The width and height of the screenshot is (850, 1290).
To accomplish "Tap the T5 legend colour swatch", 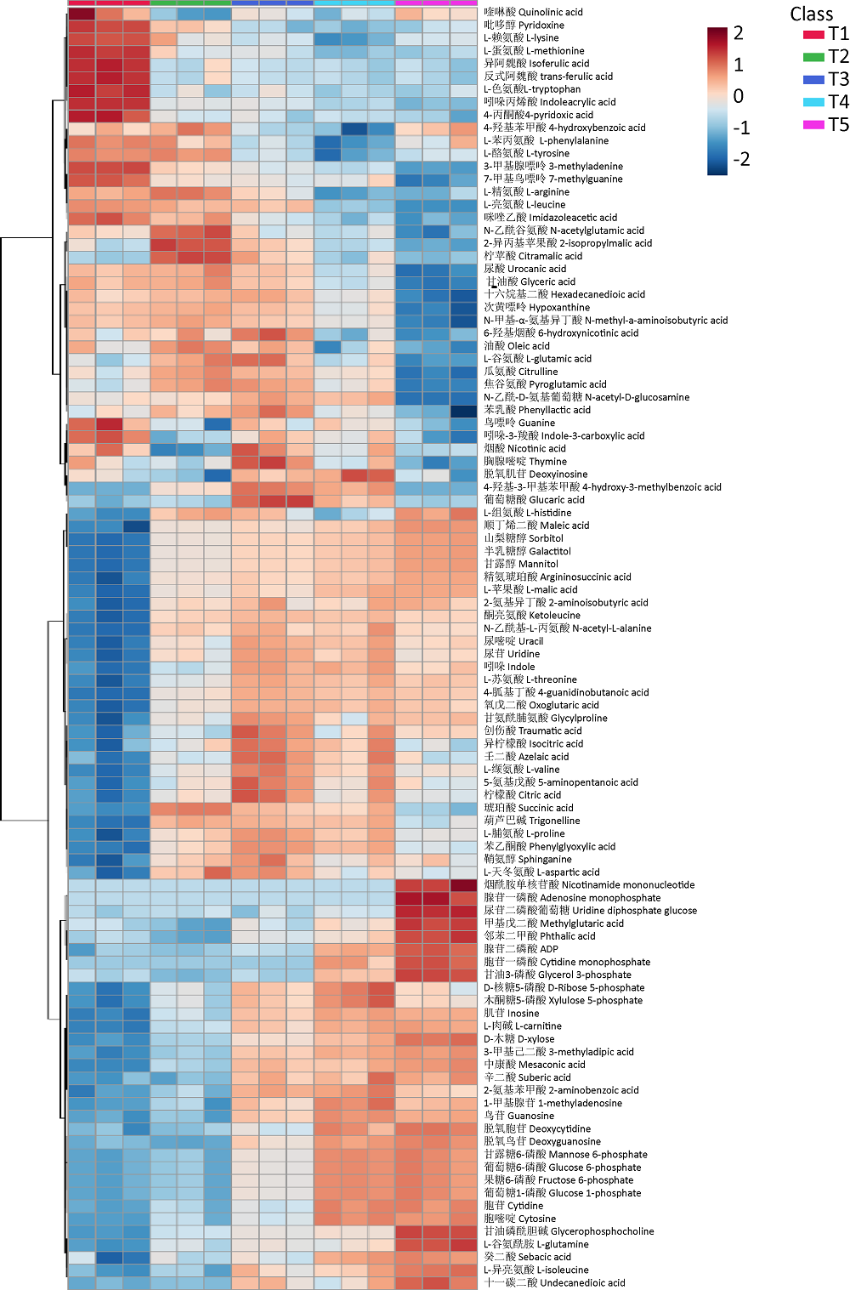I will pyautogui.click(x=814, y=125).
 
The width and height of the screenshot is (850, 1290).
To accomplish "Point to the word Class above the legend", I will pyautogui.click(x=811, y=14).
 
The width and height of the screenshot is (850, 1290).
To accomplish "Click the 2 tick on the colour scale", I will pyautogui.click(x=739, y=33).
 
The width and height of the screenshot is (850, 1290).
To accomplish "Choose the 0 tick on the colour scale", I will pyautogui.click(x=739, y=96).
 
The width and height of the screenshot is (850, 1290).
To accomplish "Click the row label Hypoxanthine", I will pyautogui.click(x=536, y=307).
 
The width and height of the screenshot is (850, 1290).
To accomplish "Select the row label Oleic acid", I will pyautogui.click(x=516, y=346).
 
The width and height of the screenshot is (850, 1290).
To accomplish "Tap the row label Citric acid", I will pyautogui.click(x=522, y=795).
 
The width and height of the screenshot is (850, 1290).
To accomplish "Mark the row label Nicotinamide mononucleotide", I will pyautogui.click(x=589, y=884).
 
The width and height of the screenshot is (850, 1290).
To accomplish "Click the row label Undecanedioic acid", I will pyautogui.click(x=554, y=1282).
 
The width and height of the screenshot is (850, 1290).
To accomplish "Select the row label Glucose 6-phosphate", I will pyautogui.click(x=563, y=1167).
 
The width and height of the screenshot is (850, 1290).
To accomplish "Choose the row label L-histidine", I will pyautogui.click(x=527, y=513).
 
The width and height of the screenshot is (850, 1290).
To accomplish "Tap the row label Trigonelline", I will pyautogui.click(x=532, y=821).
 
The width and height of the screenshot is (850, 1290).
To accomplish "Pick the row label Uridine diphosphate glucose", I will pyautogui.click(x=590, y=910).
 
